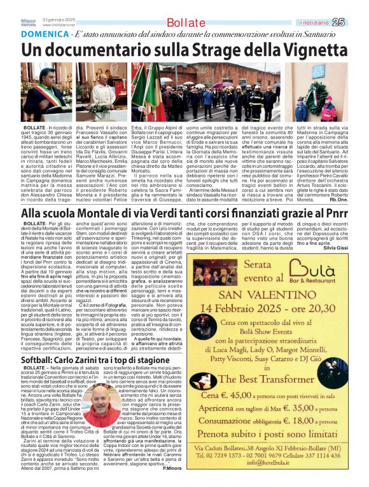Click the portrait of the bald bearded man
pyautogui.click(x=101, y=408)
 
